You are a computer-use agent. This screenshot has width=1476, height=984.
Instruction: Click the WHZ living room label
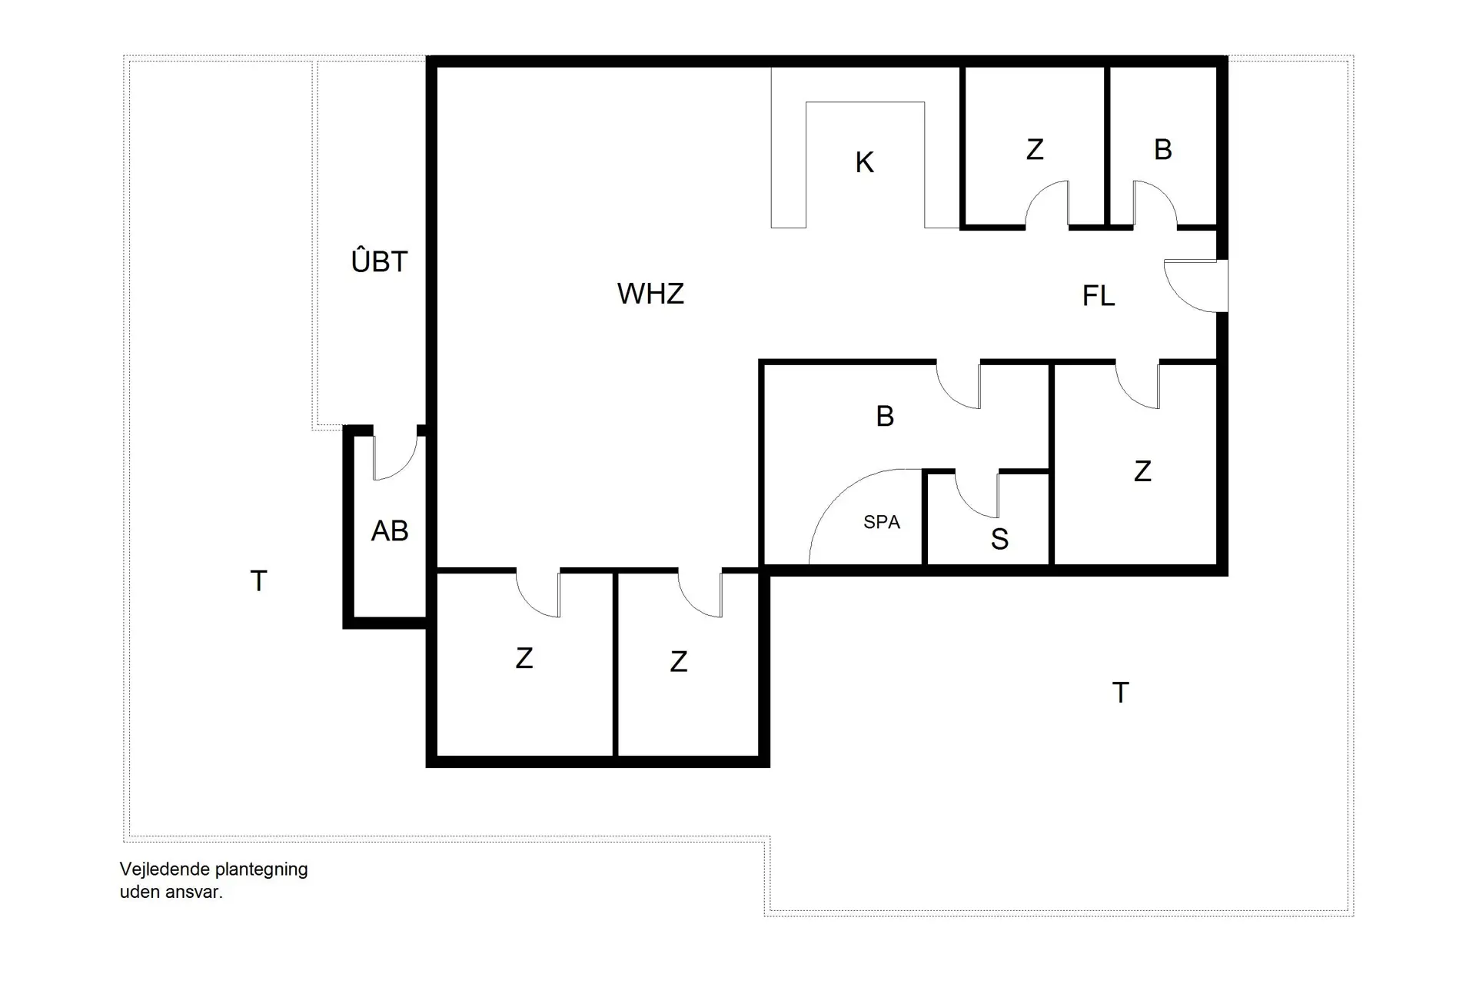(x=650, y=294)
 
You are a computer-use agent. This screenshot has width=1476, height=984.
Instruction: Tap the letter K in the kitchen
(x=864, y=162)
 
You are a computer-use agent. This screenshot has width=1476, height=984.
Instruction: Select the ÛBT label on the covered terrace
(x=379, y=261)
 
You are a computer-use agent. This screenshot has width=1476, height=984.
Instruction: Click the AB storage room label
(x=389, y=530)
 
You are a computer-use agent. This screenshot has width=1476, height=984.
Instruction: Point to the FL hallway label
(x=1098, y=296)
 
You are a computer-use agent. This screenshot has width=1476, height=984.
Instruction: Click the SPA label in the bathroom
(x=881, y=522)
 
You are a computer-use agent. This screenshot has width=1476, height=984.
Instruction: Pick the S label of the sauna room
(x=999, y=540)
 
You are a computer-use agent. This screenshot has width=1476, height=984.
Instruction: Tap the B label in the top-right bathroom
(x=1162, y=149)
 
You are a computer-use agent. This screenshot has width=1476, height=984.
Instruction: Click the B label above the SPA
(x=885, y=416)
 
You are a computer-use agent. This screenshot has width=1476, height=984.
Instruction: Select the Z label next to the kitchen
(x=1035, y=149)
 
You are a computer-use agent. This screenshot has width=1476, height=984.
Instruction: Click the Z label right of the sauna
(x=1142, y=470)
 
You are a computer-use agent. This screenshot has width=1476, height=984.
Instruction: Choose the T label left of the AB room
(x=259, y=581)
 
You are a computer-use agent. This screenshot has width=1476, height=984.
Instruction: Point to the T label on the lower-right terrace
(x=1120, y=693)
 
